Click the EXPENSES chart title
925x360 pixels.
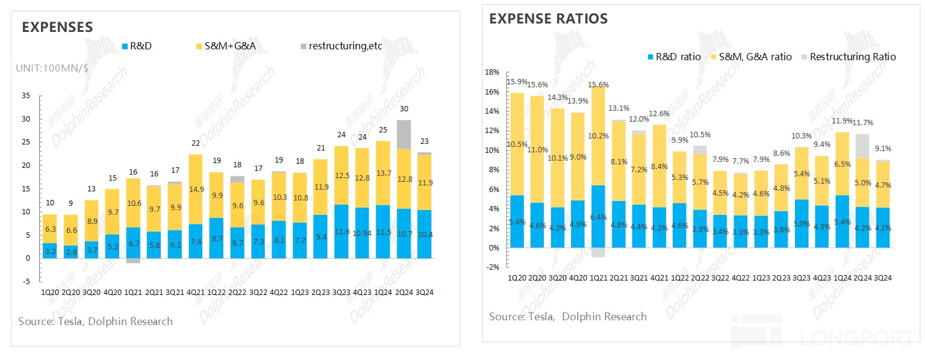[x=57, y=27]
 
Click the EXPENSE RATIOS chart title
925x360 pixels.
[x=548, y=19]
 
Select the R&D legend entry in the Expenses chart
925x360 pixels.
[x=137, y=46]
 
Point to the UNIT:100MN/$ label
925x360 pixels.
[x=52, y=68]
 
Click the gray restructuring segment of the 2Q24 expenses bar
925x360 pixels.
[x=403, y=134]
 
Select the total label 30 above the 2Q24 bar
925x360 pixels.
[x=404, y=109]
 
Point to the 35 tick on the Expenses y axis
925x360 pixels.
[x=25, y=96]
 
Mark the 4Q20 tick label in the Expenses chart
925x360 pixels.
[x=113, y=292]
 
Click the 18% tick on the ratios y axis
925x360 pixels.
[x=492, y=72]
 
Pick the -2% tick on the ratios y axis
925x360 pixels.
[x=492, y=267]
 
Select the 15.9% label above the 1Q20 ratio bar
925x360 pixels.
[x=517, y=82]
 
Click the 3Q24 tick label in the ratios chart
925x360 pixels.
[x=882, y=278]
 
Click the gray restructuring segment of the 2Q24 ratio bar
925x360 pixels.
[x=863, y=146]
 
